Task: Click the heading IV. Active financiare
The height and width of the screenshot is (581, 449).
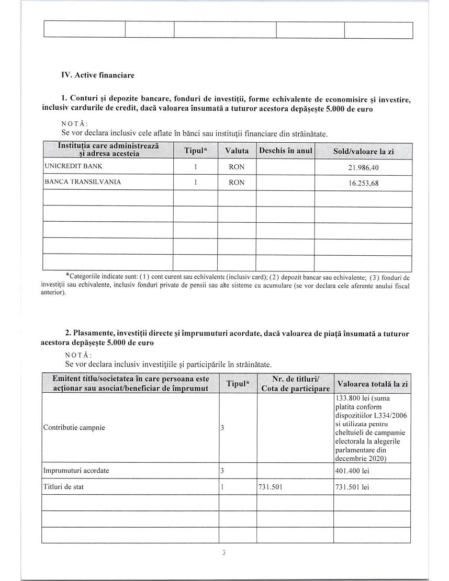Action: pyautogui.click(x=98, y=75)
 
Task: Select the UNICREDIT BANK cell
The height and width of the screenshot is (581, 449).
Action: pyautogui.click(x=74, y=166)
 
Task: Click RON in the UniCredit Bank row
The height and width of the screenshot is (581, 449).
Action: pyautogui.click(x=237, y=167)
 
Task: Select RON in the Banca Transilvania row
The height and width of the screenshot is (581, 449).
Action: pyautogui.click(x=237, y=183)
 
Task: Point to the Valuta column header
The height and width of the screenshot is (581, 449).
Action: pyautogui.click(x=237, y=151)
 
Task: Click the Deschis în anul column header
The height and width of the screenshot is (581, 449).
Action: pyautogui.click(x=285, y=151)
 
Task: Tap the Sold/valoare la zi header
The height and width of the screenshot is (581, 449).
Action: pyautogui.click(x=363, y=151)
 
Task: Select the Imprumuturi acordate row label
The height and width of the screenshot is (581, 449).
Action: pyautogui.click(x=76, y=470)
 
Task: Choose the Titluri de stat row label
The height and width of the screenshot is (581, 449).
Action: pyautogui.click(x=63, y=486)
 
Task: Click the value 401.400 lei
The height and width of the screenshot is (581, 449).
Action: pyautogui.click(x=352, y=471)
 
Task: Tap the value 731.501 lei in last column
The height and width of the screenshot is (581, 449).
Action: pyautogui.click(x=352, y=487)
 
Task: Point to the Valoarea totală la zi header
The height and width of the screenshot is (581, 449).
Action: pyautogui.click(x=372, y=384)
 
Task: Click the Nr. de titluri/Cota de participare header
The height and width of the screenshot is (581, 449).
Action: pyautogui.click(x=295, y=383)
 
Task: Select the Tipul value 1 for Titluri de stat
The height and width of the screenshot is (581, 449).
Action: pyautogui.click(x=222, y=486)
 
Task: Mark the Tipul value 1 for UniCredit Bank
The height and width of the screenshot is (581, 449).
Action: pyautogui.click(x=195, y=167)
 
